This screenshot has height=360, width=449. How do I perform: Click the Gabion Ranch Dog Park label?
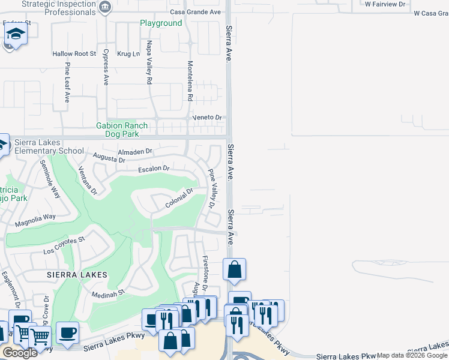tap(122, 130)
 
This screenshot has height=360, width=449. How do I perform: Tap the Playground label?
tap(161, 23)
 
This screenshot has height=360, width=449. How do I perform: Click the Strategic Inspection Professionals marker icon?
tap(106, 8)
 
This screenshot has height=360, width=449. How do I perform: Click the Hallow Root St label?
tap(74, 54)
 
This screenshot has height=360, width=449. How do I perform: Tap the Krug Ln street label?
tap(128, 54)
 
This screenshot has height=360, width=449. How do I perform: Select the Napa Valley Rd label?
tap(149, 62)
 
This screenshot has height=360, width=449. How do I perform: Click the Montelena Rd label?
tap(190, 80)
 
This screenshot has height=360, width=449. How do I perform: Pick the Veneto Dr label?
tap(207, 118)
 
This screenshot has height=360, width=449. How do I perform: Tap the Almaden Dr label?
tap(136, 152)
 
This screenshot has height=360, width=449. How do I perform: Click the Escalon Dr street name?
tap(154, 169)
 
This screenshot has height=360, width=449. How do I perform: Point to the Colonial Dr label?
tap(179, 199)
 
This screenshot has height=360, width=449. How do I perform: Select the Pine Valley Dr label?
tap(211, 188)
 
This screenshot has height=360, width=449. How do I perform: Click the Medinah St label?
tap(107, 293)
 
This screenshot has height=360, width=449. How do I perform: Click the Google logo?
tap(20, 353)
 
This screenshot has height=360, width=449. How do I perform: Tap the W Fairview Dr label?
tap(385, 4)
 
